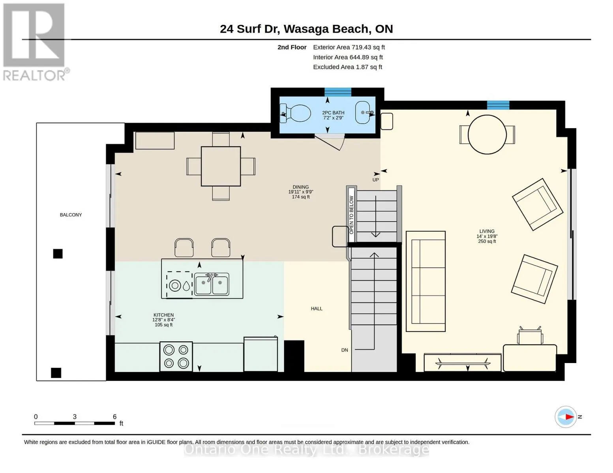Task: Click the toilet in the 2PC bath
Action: [x=295, y=114]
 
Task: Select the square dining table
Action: [x=221, y=166]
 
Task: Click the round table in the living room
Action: [x=487, y=134]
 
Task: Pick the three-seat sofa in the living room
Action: [x=426, y=281]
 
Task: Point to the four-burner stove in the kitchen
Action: [x=176, y=357]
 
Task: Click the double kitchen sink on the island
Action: [x=211, y=284]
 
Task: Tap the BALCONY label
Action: [x=71, y=215]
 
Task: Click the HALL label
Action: [x=317, y=309]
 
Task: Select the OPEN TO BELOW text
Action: [x=351, y=215]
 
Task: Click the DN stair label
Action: [x=345, y=350]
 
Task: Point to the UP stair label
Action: [x=375, y=180]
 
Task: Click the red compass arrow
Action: [x=569, y=417]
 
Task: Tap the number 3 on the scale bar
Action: [x=75, y=417]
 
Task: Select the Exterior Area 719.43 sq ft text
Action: [x=349, y=47]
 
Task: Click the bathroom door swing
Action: [x=330, y=142]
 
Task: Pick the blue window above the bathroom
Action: [x=337, y=92]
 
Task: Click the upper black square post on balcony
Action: [x=58, y=253]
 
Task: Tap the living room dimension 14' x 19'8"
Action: [x=487, y=236]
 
